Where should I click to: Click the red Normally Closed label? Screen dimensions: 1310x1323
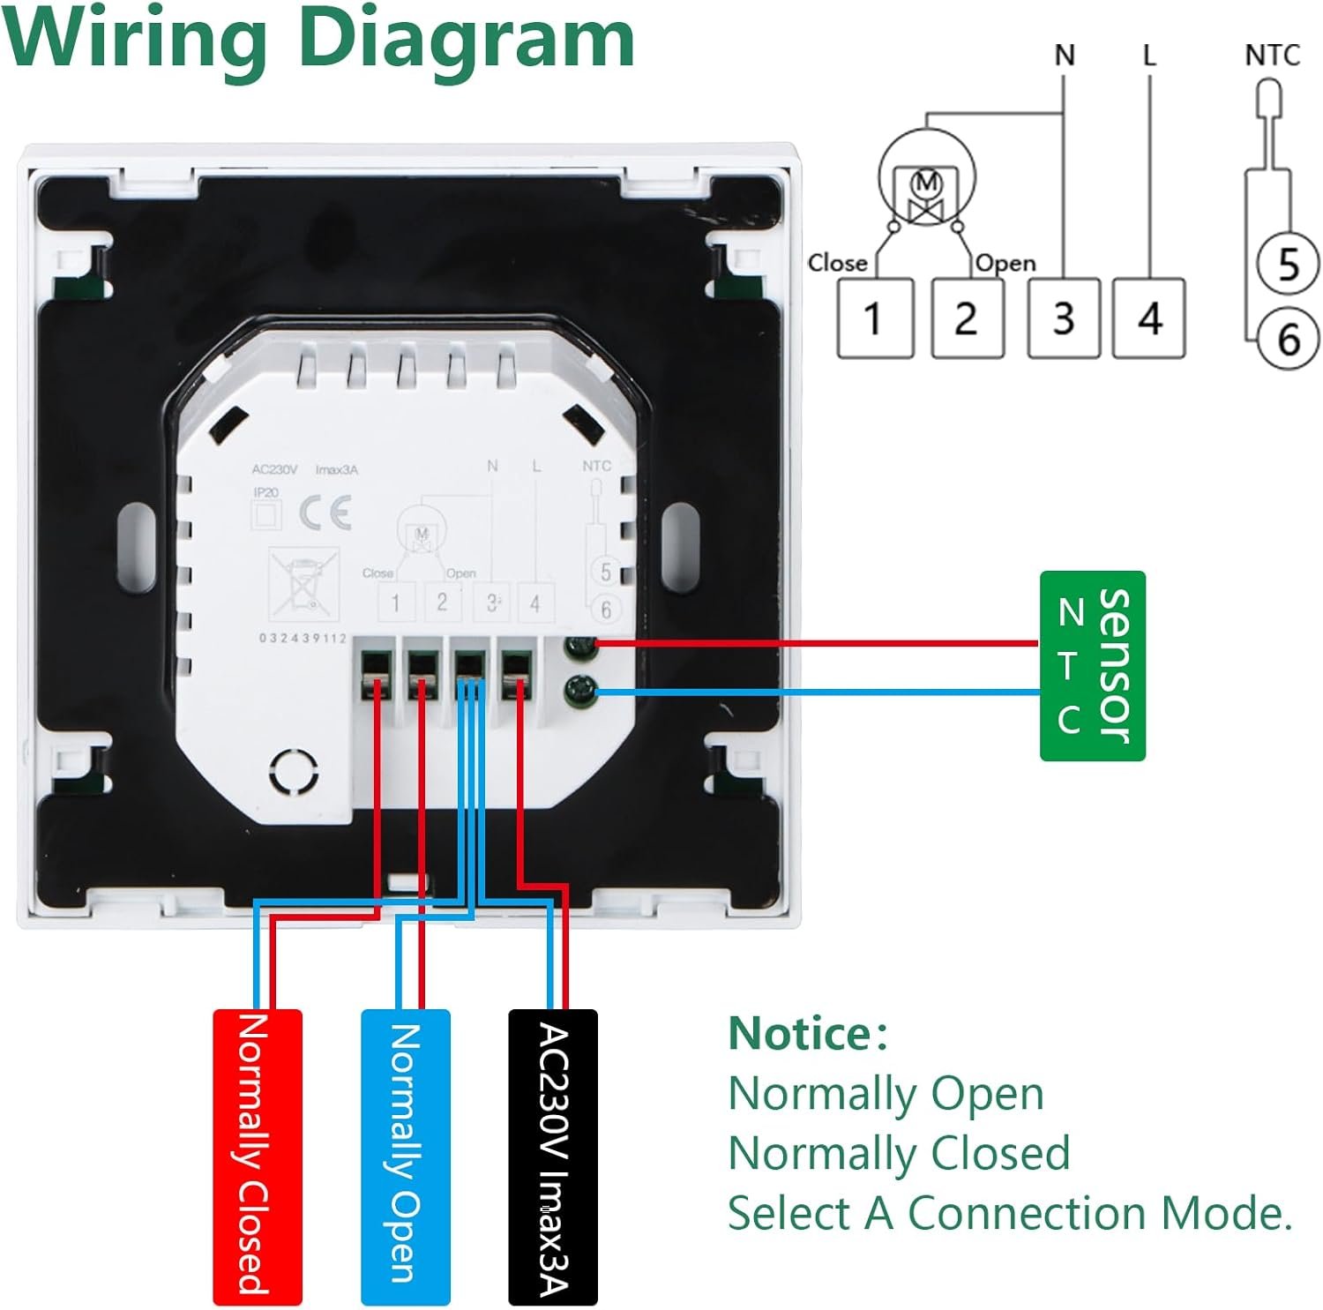click(257, 1156)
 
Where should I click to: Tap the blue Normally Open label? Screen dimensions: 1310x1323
click(406, 1156)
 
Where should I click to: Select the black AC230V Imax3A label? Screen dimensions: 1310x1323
click(553, 1156)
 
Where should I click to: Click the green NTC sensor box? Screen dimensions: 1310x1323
click(1092, 666)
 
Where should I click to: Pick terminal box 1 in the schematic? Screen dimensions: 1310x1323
click(874, 318)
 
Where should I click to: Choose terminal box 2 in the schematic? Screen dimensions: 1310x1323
click(968, 318)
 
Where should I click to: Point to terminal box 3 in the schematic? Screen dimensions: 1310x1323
click(1064, 318)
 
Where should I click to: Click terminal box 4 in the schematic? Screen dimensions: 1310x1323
click(1148, 318)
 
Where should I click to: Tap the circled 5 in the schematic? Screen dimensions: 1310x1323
click(1289, 264)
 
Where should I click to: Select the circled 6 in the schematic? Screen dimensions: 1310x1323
click(1289, 339)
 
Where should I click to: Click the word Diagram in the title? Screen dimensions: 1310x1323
click(467, 39)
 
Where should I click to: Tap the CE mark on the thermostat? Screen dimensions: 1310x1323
click(325, 513)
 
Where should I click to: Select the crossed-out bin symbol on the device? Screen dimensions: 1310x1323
click(303, 582)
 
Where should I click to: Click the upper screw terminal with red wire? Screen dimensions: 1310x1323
click(581, 648)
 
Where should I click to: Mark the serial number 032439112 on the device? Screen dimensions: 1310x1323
click(303, 639)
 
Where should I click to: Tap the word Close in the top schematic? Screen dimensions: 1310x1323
click(837, 263)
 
